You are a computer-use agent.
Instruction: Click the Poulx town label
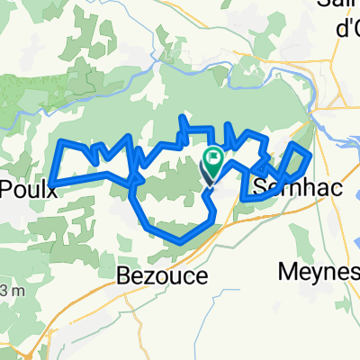[x=22, y=189]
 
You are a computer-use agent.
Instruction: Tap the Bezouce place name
[x=163, y=275]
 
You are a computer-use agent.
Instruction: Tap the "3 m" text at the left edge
[x=11, y=290]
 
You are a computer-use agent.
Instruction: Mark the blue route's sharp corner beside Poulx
[x=51, y=184]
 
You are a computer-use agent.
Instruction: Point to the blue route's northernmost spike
[x=183, y=117]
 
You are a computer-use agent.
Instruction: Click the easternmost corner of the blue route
[x=310, y=155]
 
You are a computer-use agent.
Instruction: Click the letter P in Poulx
[x=6, y=189]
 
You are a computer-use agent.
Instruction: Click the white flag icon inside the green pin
[x=214, y=162]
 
